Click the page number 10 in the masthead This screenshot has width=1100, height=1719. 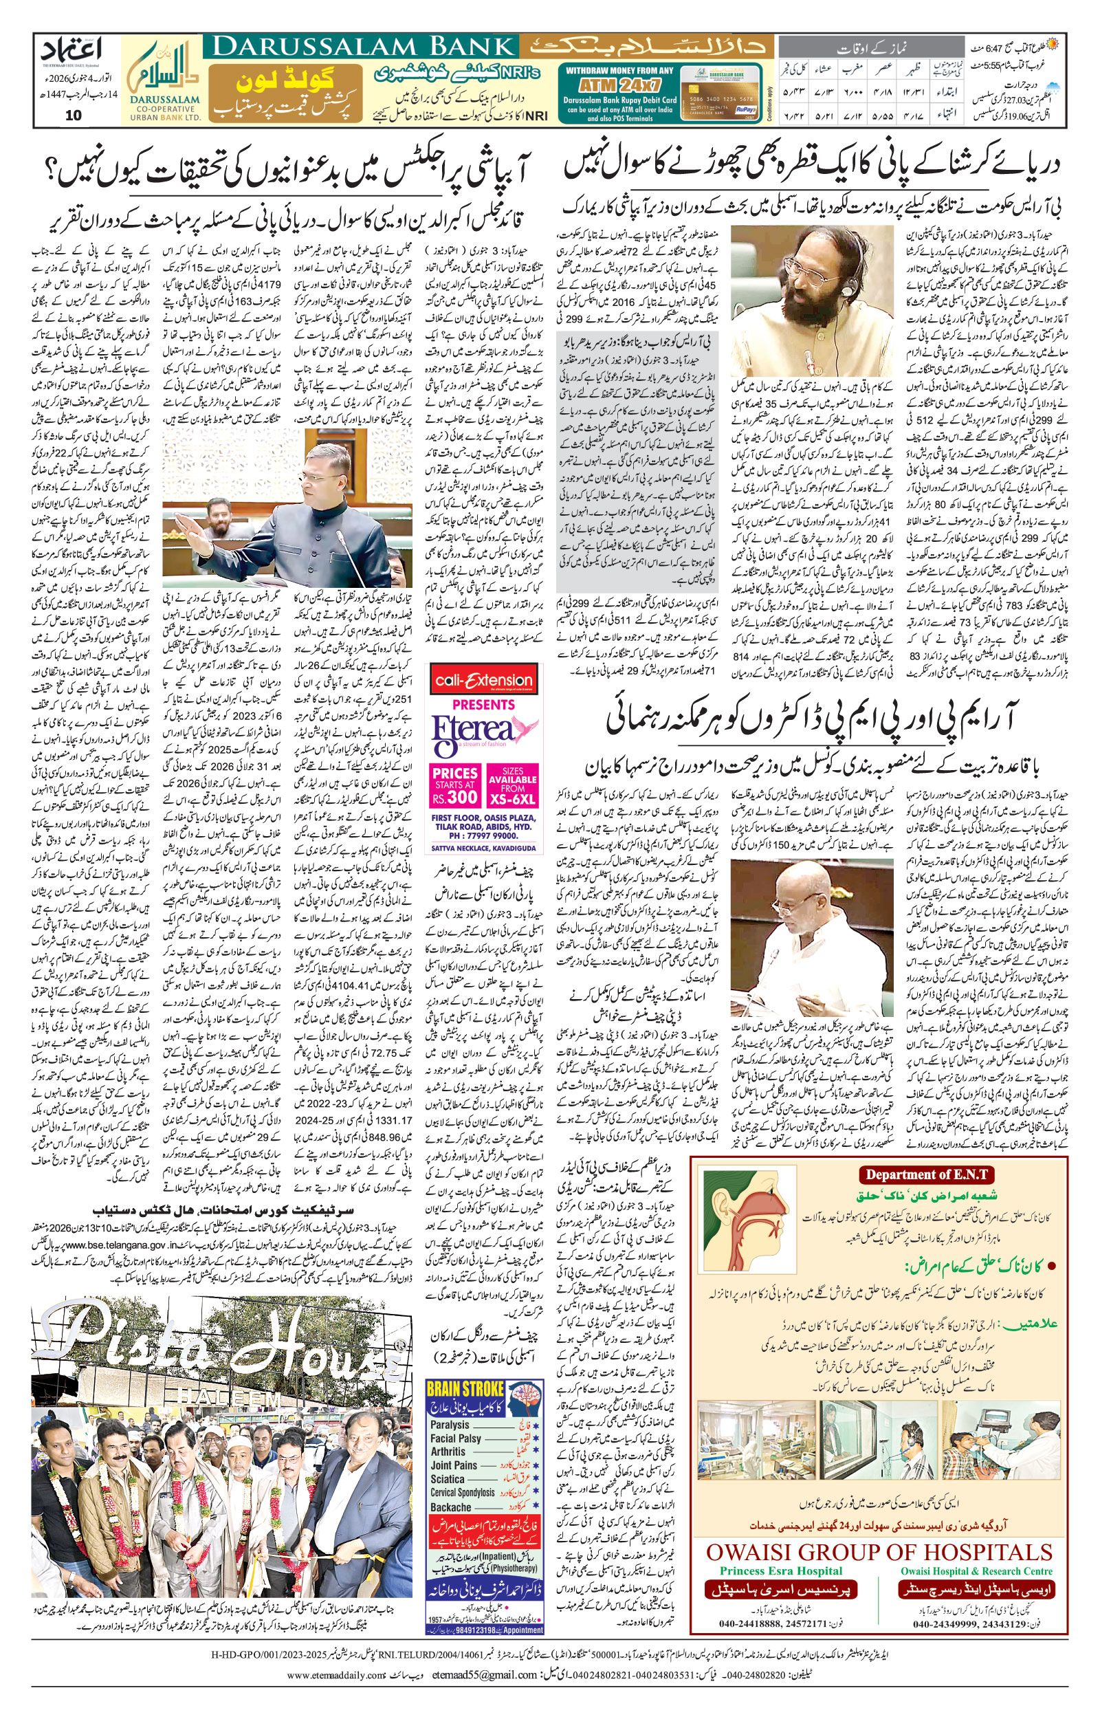74,116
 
